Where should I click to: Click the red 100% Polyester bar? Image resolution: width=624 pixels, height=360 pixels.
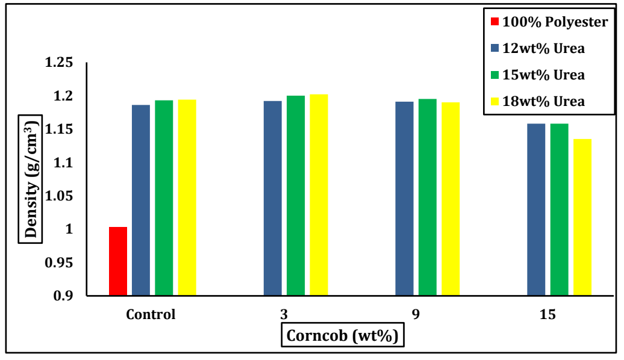click(x=118, y=261)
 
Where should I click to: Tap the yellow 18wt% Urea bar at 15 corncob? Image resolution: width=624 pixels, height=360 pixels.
click(x=582, y=217)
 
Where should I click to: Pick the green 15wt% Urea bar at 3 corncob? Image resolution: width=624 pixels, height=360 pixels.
click(x=296, y=196)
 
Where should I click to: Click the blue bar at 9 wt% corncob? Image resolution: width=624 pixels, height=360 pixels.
click(x=404, y=199)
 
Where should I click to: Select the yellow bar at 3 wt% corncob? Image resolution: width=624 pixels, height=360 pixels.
click(x=319, y=195)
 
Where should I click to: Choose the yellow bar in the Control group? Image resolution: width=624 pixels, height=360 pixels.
click(x=187, y=198)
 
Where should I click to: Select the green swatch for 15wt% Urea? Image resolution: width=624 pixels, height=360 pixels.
click(x=495, y=75)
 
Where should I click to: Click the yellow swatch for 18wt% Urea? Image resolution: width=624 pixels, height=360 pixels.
click(x=495, y=101)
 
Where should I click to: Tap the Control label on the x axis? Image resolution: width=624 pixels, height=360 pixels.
click(x=151, y=314)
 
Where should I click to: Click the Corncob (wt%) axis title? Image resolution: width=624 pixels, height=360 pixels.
click(x=343, y=335)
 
